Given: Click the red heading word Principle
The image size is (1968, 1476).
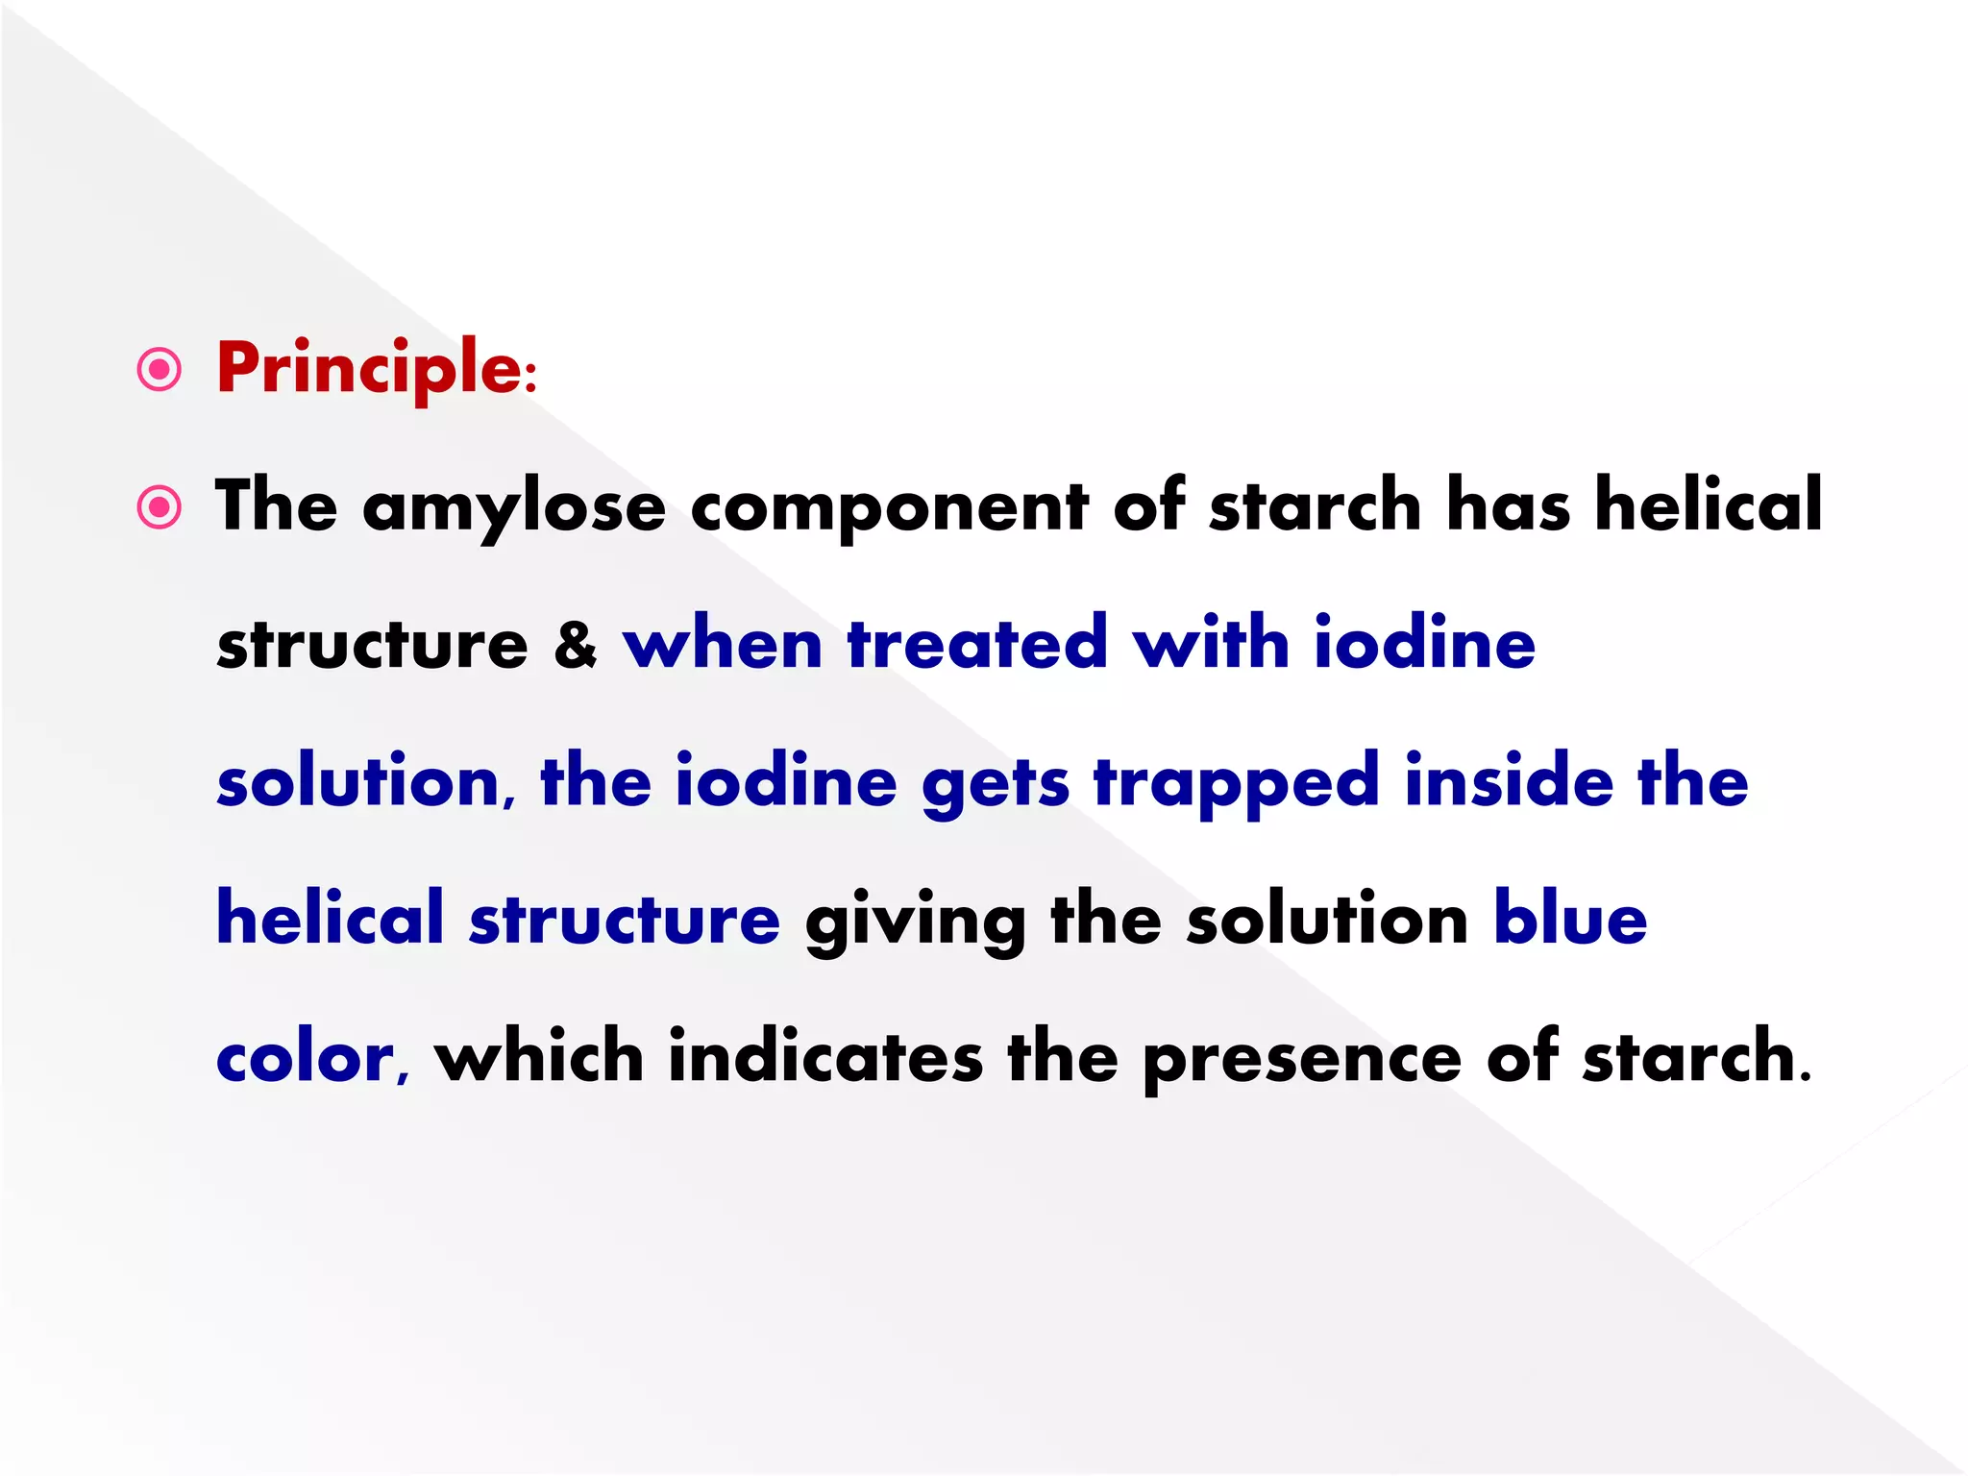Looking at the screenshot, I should (x=369, y=369).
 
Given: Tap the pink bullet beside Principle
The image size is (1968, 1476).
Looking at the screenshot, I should (x=160, y=370).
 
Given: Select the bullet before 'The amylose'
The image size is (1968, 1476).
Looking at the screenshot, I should (x=160, y=507).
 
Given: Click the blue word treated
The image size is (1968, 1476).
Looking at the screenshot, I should (x=977, y=644).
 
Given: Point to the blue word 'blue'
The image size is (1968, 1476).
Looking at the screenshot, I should (x=1570, y=920).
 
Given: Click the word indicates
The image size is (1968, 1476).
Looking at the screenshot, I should (x=825, y=1057).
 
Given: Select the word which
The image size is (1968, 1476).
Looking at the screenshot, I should (x=538, y=1057).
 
